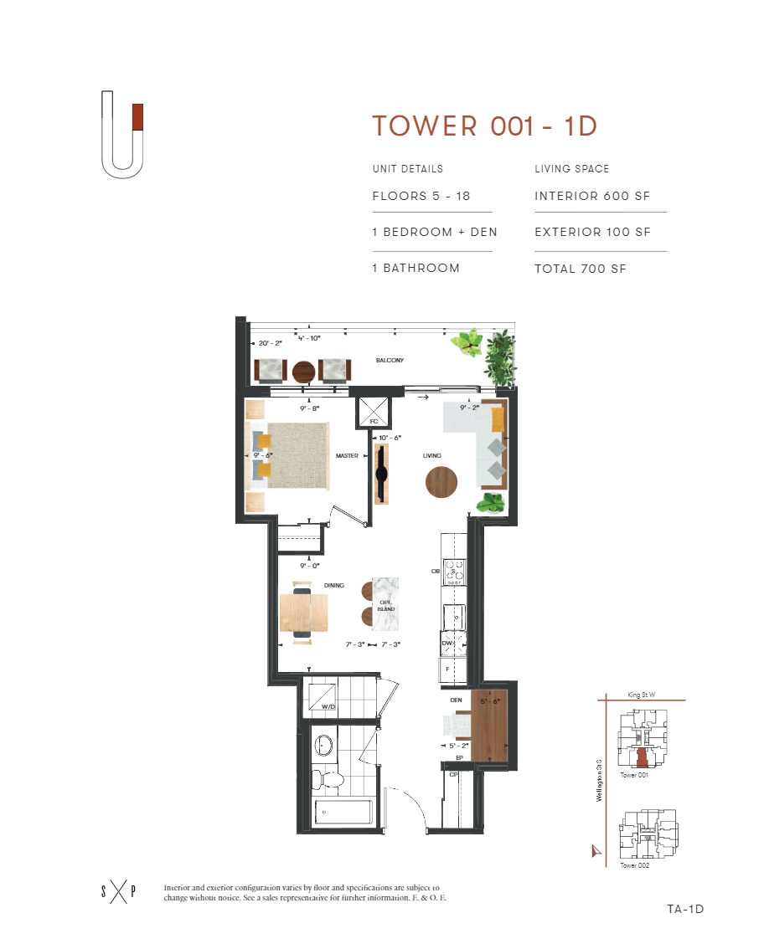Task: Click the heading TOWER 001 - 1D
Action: point(484,126)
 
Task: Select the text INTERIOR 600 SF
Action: point(592,197)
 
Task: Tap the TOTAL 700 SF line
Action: point(581,269)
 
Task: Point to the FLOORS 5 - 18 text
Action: point(421,197)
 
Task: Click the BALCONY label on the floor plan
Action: point(390,361)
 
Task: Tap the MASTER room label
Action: point(347,456)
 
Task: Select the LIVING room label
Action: point(431,456)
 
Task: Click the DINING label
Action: point(333,586)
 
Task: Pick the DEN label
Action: point(456,700)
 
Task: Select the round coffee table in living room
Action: point(441,482)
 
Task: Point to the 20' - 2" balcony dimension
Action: point(271,343)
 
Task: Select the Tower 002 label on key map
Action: point(635,865)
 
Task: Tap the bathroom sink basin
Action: point(324,744)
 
